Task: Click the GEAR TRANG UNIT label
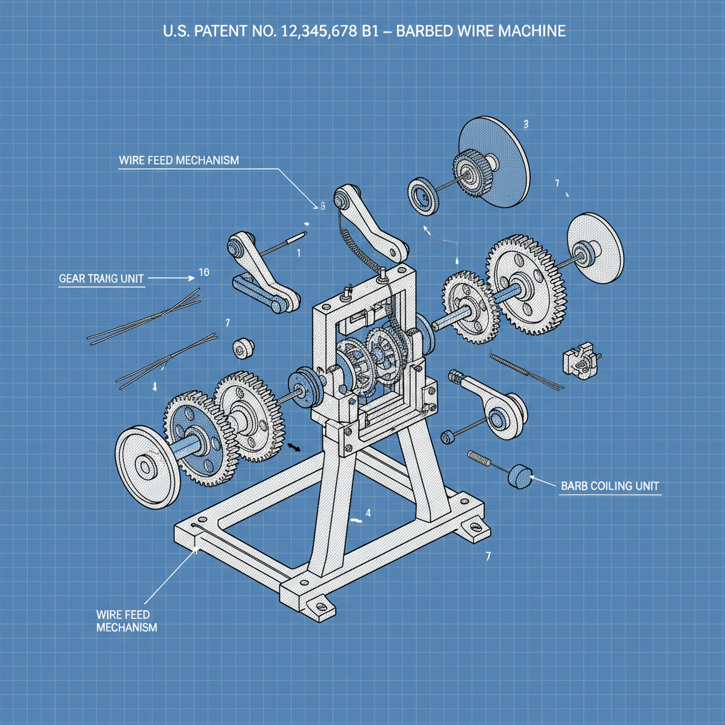[101, 279]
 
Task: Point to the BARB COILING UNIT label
[610, 486]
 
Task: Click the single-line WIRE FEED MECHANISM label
[178, 161]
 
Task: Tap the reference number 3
[525, 124]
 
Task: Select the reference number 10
[204, 272]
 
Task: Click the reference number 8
[322, 206]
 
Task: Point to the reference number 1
[299, 252]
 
